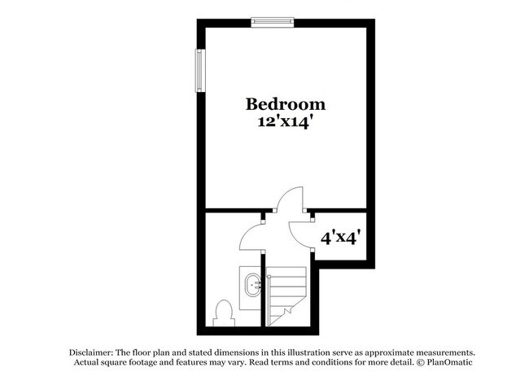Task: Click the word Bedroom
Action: pos(286,104)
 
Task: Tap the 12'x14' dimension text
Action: pos(286,122)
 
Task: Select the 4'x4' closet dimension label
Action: pos(340,239)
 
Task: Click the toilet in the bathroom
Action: pos(222,312)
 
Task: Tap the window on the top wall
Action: pos(272,22)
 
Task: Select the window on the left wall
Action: pos(198,70)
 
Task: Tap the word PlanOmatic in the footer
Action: pos(448,361)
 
